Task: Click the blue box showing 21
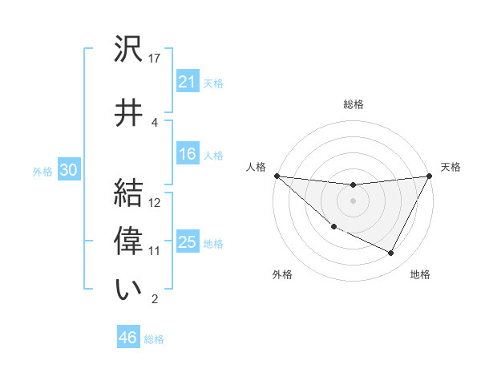click(187, 81)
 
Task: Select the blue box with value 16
click(187, 154)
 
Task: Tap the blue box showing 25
click(187, 242)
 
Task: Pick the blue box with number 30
click(68, 170)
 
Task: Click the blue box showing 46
click(127, 338)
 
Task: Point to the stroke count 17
click(155, 59)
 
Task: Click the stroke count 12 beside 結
click(155, 202)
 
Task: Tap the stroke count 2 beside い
click(155, 300)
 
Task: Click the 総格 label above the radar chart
click(353, 104)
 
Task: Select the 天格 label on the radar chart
click(451, 167)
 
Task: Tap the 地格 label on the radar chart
click(420, 274)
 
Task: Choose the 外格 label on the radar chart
click(282, 274)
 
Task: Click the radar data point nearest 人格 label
click(277, 176)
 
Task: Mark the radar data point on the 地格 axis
click(391, 253)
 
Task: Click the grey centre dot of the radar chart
click(353, 201)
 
